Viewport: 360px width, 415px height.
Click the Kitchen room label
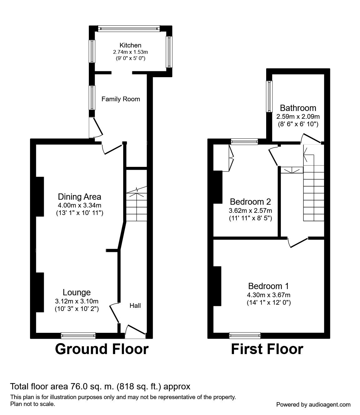coord(130,45)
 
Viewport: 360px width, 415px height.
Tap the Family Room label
coord(121,99)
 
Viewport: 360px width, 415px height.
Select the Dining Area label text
coord(79,197)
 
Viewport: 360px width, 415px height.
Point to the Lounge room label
coord(77,292)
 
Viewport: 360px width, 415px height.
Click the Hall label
coord(135,306)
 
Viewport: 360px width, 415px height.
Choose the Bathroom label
coord(298,108)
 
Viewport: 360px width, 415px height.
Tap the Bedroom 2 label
coord(250,201)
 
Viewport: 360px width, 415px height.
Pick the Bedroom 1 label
coord(268,286)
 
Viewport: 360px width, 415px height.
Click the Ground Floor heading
coord(102,349)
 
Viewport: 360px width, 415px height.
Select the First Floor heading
coord(267,349)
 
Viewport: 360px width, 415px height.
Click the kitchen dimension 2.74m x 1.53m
coord(130,52)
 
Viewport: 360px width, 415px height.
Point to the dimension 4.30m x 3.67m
coord(268,295)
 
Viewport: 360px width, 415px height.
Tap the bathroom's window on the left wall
coord(269,96)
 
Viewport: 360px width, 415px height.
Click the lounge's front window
coord(78,336)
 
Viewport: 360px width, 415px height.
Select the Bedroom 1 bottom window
coord(245,336)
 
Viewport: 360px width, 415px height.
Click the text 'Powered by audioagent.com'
coord(313,404)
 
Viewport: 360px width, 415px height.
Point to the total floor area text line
coord(100,387)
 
